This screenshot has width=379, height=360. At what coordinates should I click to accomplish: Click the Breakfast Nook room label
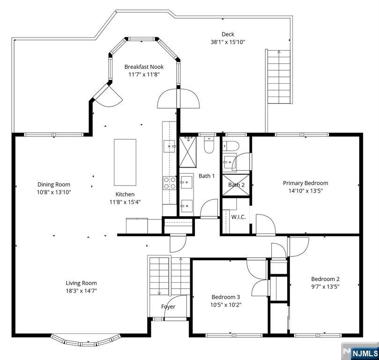click(x=144, y=67)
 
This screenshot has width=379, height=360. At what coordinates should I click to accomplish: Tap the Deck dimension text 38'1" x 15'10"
click(x=228, y=42)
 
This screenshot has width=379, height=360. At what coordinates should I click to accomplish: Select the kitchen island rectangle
click(x=125, y=162)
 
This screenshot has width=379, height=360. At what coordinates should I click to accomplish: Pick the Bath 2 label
click(x=236, y=185)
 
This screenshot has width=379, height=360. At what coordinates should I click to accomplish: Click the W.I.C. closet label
click(x=238, y=217)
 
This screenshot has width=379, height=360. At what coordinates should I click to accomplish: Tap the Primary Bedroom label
click(x=305, y=183)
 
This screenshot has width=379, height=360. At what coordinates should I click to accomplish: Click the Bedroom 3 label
click(x=226, y=297)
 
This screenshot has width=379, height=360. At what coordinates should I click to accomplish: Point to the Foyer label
click(x=168, y=307)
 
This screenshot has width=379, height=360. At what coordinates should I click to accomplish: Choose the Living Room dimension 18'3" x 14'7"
click(x=81, y=291)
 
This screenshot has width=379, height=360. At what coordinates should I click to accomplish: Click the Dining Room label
click(x=54, y=184)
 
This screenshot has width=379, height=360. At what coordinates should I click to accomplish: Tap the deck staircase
click(x=279, y=77)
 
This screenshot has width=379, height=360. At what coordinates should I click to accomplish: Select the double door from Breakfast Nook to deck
click(x=178, y=98)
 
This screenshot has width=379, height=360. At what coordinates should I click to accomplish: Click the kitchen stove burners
click(x=169, y=183)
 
